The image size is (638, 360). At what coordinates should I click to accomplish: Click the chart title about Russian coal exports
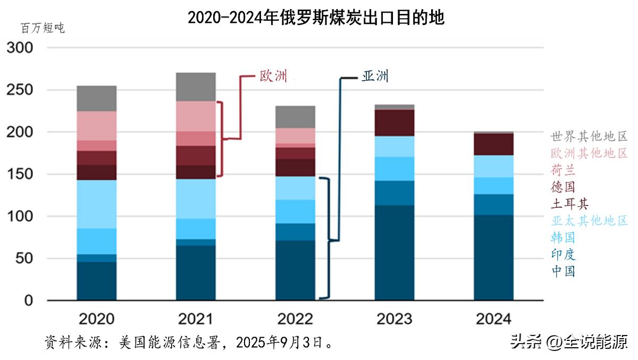click(316, 18)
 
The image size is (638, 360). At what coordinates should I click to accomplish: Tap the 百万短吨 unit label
click(43, 28)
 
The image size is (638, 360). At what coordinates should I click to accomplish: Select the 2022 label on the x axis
click(295, 319)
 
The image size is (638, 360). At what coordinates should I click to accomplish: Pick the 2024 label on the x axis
click(493, 319)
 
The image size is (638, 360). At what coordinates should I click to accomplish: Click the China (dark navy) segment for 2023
click(394, 253)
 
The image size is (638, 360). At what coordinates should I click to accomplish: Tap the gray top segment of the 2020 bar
click(96, 98)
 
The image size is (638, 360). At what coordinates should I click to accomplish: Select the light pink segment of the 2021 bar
click(196, 116)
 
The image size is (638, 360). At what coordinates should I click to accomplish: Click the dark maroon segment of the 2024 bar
click(493, 144)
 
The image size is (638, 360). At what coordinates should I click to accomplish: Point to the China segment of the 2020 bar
click(96, 281)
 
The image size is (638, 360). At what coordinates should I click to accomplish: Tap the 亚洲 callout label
click(375, 76)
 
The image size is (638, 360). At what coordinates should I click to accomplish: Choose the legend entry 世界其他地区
click(589, 136)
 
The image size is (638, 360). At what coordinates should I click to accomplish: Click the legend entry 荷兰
click(563, 171)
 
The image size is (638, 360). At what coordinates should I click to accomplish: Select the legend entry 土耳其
click(569, 204)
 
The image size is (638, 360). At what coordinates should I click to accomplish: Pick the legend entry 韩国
click(563, 237)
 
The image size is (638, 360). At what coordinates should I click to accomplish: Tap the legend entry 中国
click(563, 271)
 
